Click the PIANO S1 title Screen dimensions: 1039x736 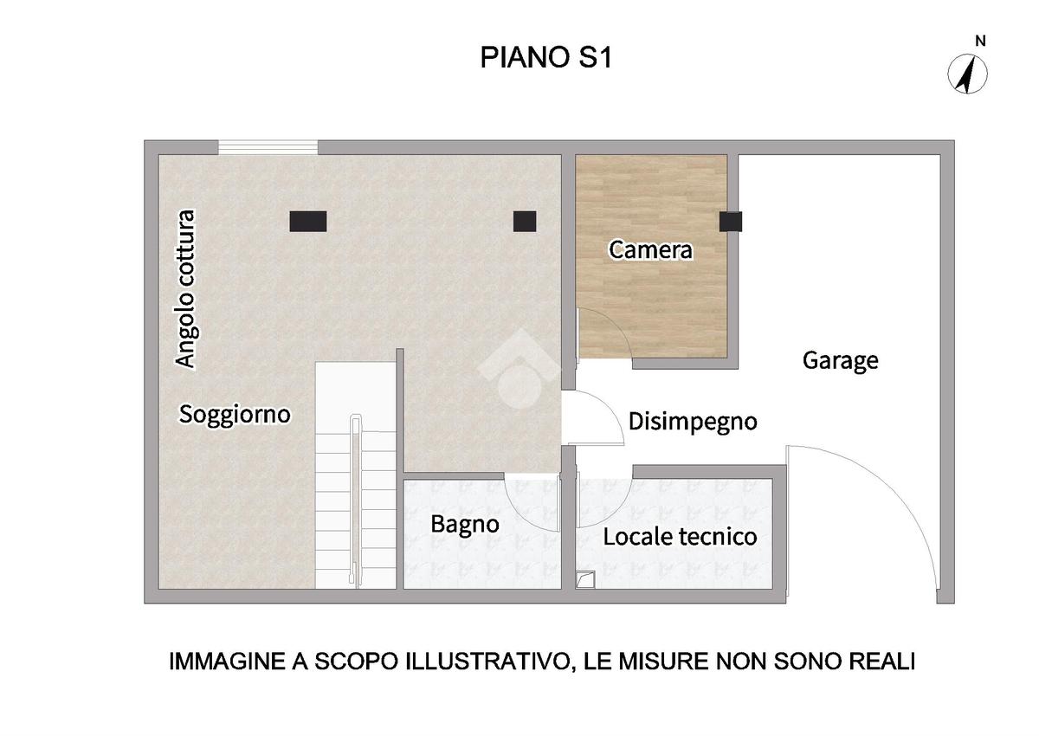(546, 57)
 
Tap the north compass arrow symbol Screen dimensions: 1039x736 (967, 74)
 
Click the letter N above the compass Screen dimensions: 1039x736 (980, 42)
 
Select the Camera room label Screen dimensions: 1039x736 (650, 250)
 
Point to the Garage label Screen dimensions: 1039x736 (840, 361)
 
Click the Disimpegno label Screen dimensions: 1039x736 (693, 422)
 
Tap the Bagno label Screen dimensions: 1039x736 (465, 525)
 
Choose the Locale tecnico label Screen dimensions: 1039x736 (680, 537)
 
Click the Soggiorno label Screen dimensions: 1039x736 (235, 414)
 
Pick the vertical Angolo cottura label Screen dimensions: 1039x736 (186, 289)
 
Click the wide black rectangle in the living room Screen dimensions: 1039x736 (308, 221)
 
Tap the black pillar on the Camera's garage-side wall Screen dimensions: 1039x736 (731, 221)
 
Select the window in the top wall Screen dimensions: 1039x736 (268, 147)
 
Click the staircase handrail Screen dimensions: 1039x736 (355, 500)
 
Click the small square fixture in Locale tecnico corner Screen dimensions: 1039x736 (585, 580)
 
